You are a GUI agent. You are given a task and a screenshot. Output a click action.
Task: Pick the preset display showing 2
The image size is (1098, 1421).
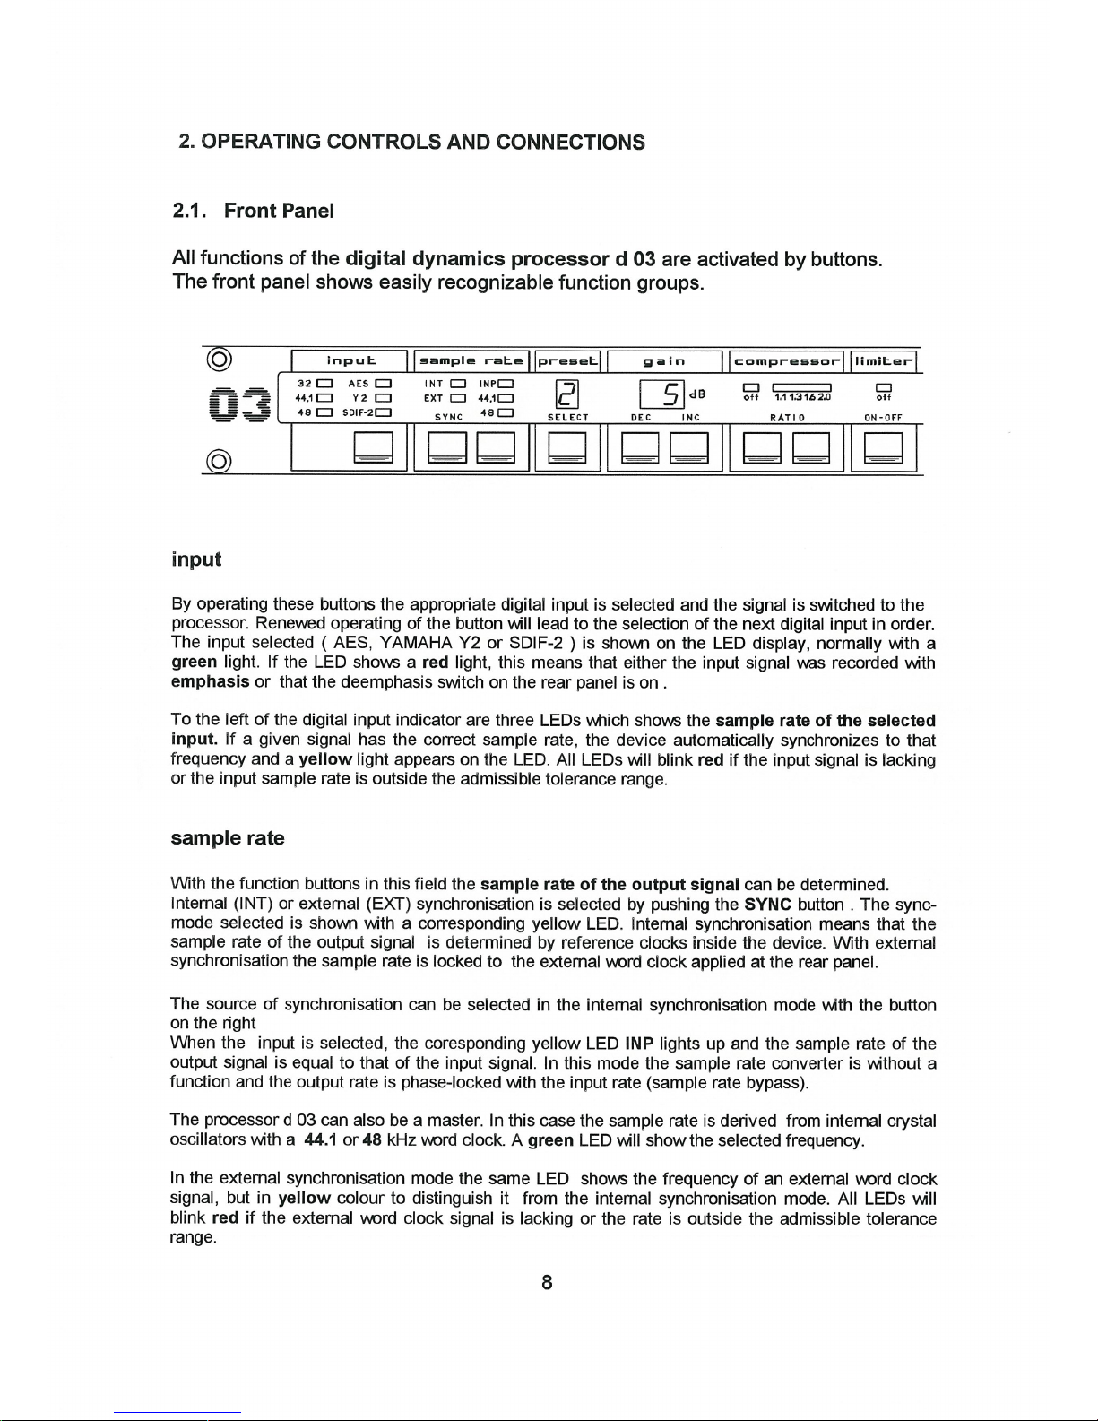(x=566, y=394)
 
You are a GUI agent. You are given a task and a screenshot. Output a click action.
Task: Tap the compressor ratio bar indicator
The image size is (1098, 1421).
(x=804, y=386)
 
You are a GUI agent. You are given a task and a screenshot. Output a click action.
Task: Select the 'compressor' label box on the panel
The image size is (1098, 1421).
(x=787, y=361)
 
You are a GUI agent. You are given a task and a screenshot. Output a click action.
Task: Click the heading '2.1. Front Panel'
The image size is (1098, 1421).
(x=254, y=211)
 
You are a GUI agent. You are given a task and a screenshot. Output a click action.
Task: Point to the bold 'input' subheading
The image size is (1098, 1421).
(x=195, y=559)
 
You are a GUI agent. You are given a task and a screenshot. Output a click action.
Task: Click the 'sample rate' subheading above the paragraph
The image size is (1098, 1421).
(x=228, y=838)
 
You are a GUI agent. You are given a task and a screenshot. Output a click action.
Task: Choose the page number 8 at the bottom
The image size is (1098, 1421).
(x=547, y=1282)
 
